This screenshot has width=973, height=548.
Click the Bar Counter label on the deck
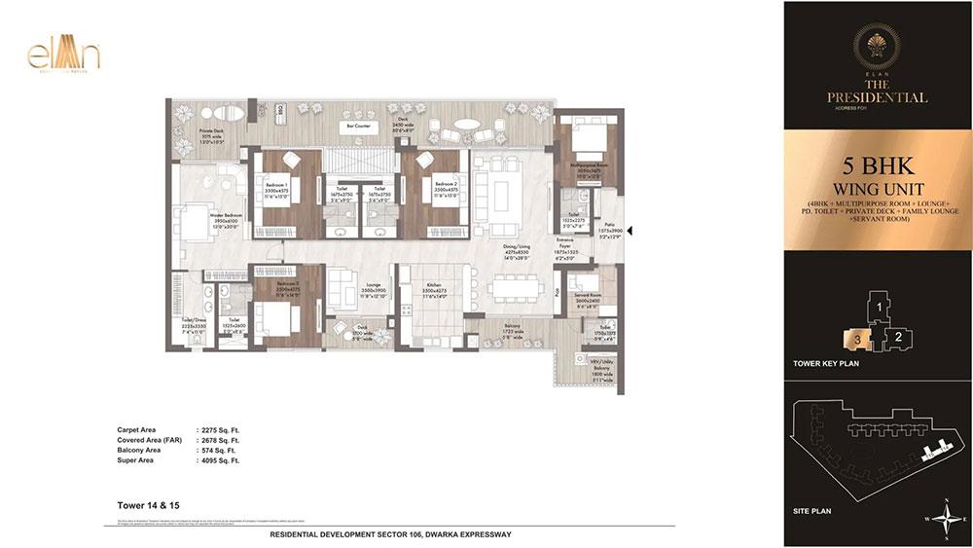[354, 126]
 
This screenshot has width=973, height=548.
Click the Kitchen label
[433, 288]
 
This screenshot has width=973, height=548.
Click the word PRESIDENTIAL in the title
[878, 97]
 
